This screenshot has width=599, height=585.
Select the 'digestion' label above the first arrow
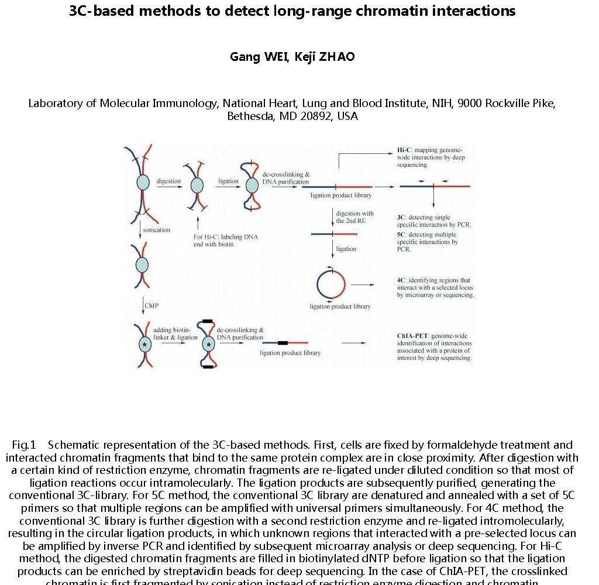168,181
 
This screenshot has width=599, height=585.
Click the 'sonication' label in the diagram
157,230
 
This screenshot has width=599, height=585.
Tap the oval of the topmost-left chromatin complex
143,183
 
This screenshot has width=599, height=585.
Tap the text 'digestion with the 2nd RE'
354,218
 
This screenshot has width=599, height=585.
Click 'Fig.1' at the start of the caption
24,445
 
